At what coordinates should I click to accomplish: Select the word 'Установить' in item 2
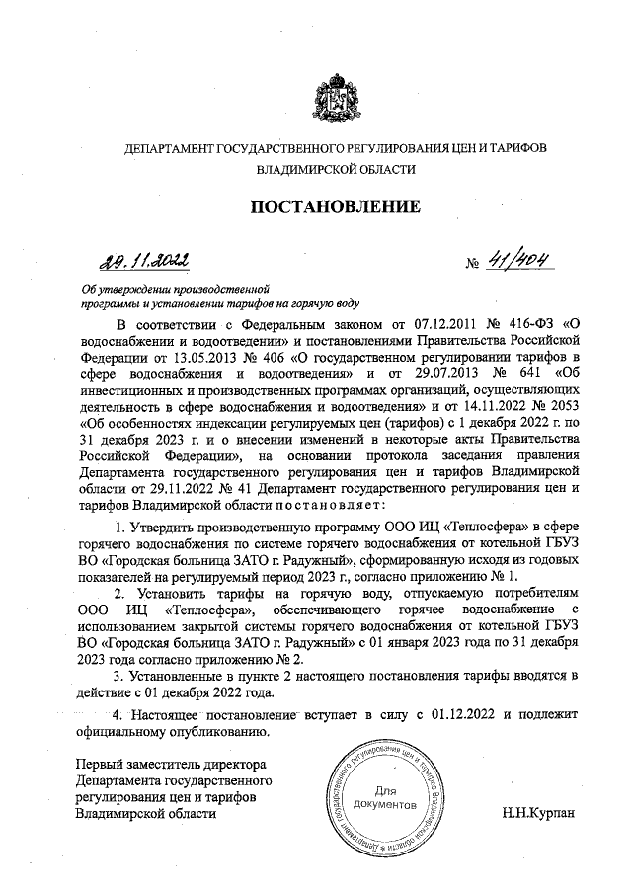pyautogui.click(x=176, y=590)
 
